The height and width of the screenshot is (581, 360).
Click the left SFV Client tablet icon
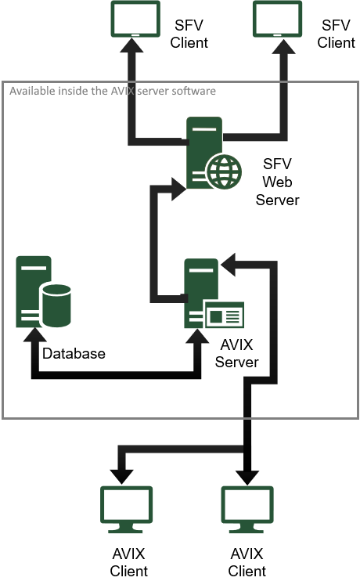point(135,19)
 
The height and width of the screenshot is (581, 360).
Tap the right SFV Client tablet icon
point(277,19)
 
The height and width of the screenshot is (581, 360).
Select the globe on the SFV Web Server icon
point(224,171)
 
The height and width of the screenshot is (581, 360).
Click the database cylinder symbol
point(56,305)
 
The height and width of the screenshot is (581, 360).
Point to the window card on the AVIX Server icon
point(225,316)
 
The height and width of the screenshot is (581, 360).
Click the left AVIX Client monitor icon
point(126,510)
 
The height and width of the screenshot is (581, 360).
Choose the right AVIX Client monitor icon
point(247,510)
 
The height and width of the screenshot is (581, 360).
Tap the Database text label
point(74,353)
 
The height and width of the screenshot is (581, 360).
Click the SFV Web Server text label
point(277,182)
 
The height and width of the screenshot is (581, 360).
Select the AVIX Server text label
point(236,353)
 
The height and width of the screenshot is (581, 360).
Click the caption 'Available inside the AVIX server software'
point(113,91)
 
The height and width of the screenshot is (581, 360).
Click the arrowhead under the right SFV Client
point(284,47)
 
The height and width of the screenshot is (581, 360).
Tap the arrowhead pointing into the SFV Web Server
point(178,189)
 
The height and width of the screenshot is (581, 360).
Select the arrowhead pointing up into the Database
point(35,334)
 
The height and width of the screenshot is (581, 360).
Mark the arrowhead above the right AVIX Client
point(247,478)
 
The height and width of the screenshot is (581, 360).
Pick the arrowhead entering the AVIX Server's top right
point(228,265)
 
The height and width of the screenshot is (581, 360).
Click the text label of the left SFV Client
point(189,34)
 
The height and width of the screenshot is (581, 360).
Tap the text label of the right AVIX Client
point(247,562)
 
